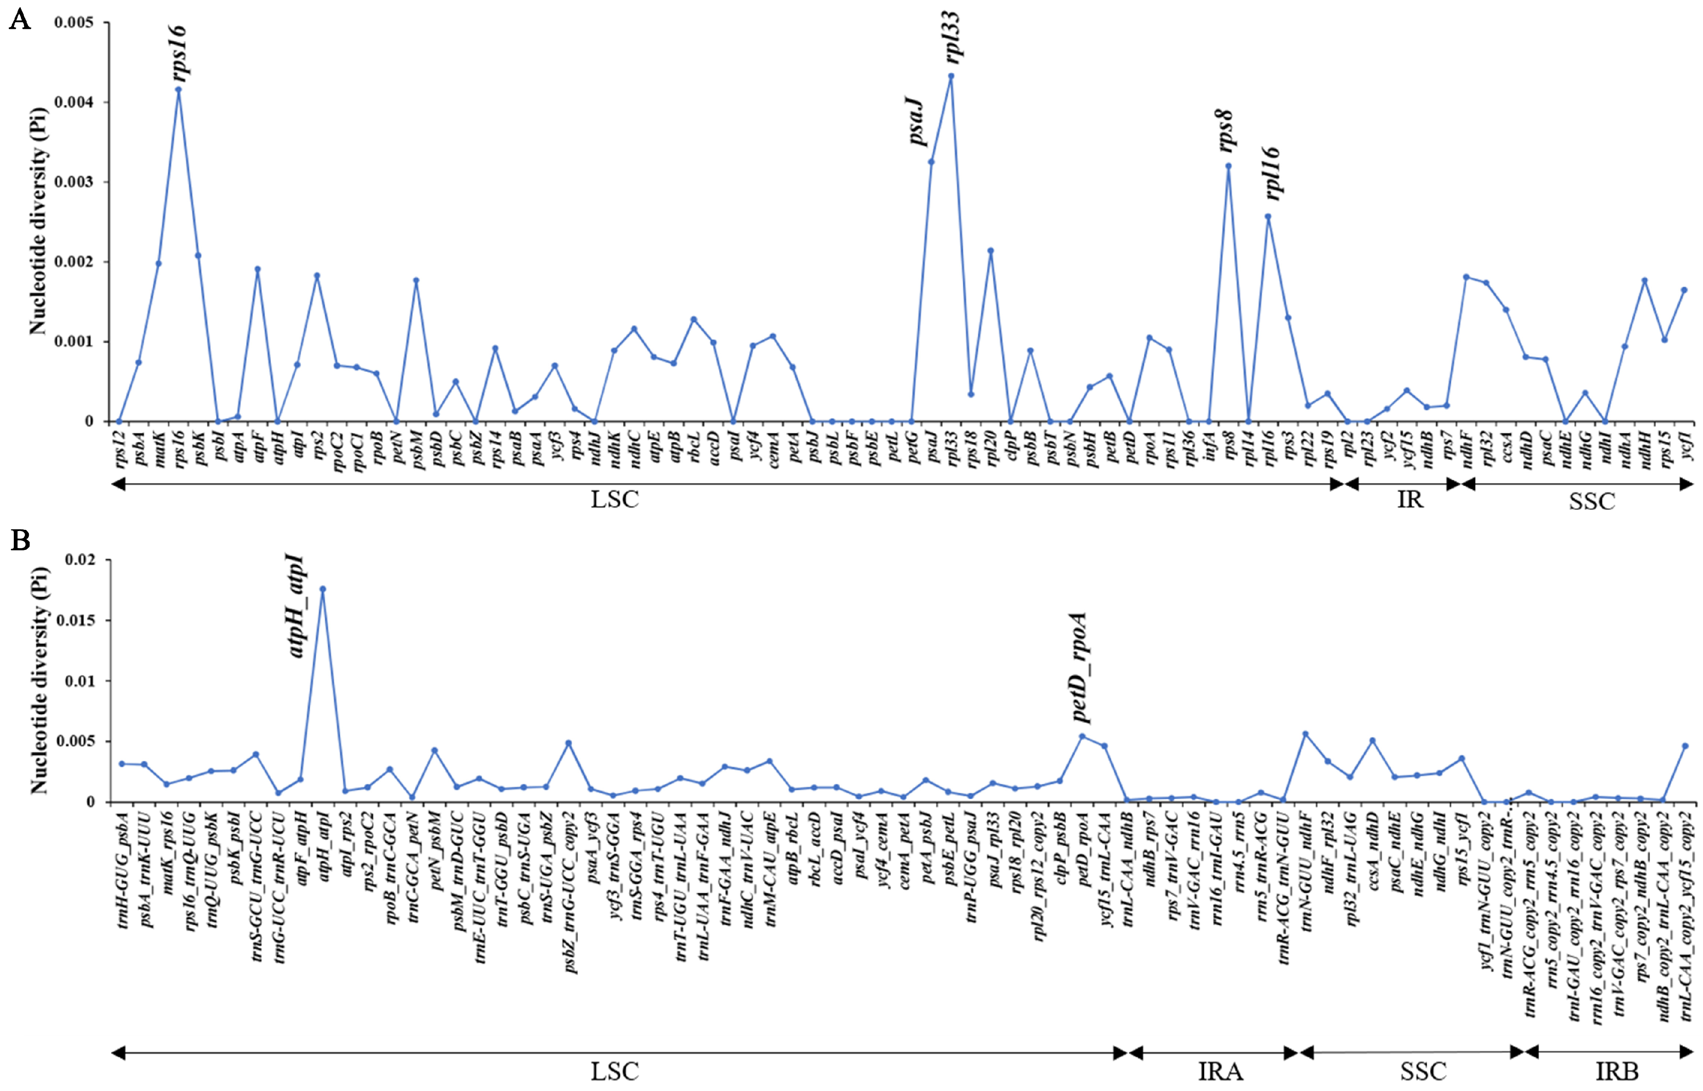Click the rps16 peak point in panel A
click(x=178, y=89)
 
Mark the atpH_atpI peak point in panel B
click(x=323, y=589)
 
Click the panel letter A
click(x=20, y=20)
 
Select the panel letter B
click(x=20, y=541)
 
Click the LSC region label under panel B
click(x=614, y=1071)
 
